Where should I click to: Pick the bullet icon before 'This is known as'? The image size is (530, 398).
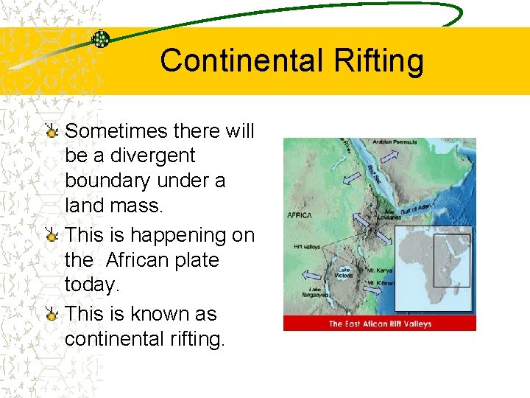pos(52,315)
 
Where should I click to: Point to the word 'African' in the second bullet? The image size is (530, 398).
pos(162,260)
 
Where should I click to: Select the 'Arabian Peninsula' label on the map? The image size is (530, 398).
pos(395,142)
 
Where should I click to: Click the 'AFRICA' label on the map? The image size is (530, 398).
pos(300,215)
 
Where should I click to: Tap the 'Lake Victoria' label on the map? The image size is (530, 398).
pos(344,273)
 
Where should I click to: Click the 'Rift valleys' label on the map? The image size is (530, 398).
pos(307,247)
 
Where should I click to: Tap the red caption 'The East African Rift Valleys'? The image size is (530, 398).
pos(379,324)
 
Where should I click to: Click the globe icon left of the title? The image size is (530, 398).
pos(100,39)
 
